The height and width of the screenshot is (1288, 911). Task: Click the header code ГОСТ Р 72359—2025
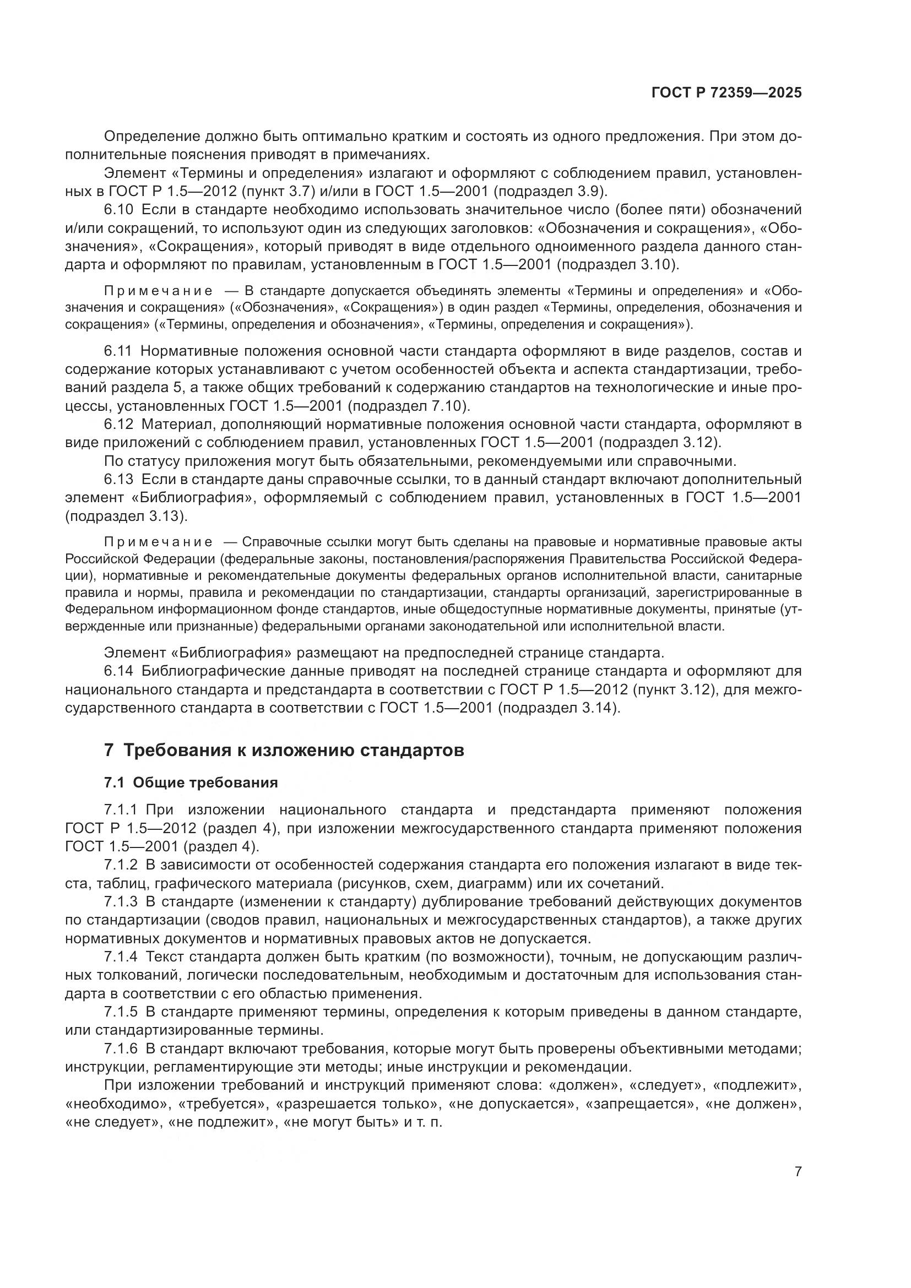(x=726, y=93)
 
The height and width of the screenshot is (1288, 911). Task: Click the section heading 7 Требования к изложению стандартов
(x=284, y=750)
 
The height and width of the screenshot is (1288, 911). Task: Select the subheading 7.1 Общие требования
(x=191, y=782)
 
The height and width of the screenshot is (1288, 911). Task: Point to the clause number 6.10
(x=119, y=210)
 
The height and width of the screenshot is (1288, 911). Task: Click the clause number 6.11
(x=118, y=351)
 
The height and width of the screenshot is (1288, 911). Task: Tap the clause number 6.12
(x=119, y=424)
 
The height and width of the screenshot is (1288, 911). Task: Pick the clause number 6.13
(x=119, y=479)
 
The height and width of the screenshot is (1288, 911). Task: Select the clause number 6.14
(x=119, y=671)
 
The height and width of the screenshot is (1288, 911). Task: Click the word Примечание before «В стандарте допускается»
(x=159, y=291)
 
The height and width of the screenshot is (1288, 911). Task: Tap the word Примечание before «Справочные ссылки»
(x=159, y=542)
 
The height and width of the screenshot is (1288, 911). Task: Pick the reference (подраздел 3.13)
(x=126, y=515)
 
